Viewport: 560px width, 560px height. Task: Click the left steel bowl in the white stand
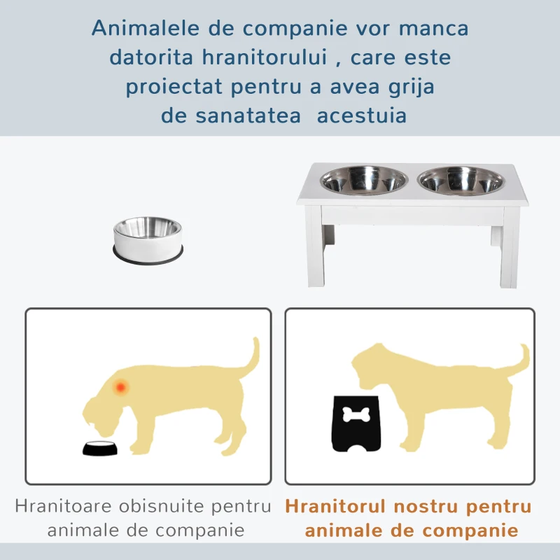(x=364, y=180)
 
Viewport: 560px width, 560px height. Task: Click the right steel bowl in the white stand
(x=461, y=180)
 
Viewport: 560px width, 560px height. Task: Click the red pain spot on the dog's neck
(x=122, y=386)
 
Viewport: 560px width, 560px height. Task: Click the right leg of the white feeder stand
(x=510, y=252)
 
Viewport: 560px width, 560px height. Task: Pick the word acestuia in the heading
(x=361, y=115)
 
